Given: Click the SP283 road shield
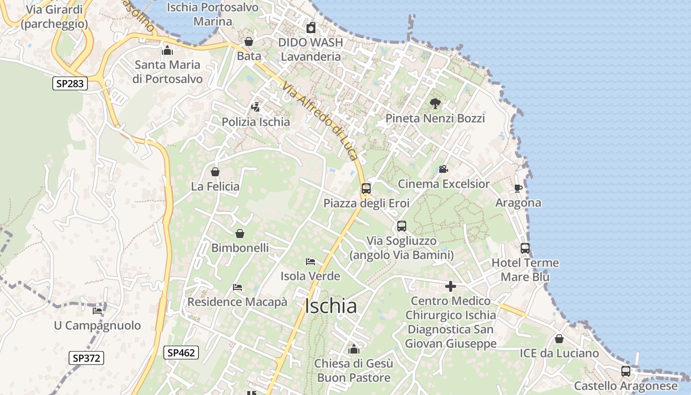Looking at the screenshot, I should coord(70,84).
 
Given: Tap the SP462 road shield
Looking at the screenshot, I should coord(181,353).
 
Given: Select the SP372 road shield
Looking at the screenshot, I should coord(86,358).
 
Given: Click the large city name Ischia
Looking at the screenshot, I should coord(331,306).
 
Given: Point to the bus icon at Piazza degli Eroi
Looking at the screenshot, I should coord(366,188).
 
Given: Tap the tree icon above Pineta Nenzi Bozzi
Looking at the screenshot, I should coord(435,103).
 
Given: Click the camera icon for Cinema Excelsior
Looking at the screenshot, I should coord(443,169).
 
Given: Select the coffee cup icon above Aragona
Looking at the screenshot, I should coord(518,188).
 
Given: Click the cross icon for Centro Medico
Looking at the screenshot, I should coord(450,286).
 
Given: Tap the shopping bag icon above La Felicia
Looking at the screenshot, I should coord(215,172).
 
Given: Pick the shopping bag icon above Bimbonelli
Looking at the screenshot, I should coord(240,234).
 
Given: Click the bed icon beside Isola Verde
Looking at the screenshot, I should coord(310,261).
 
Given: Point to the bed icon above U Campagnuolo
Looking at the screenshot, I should coord(97,311).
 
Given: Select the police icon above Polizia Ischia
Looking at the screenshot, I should coord(255,107).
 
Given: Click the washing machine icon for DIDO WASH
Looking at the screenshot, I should coord(310,28).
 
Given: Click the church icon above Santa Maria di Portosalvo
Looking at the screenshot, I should coord(167,50).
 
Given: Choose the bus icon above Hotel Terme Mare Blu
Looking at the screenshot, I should coord(525,248).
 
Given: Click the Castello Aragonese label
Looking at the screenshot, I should coord(626,386).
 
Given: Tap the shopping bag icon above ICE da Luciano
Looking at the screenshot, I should coord(559,339).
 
